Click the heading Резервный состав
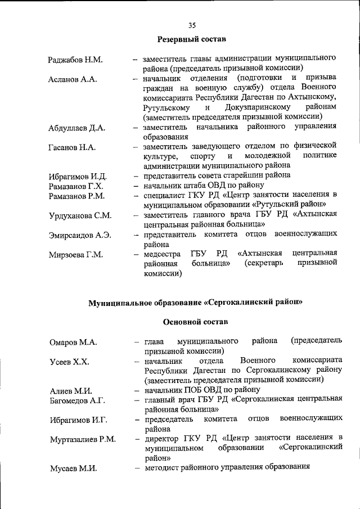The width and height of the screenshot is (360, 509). click(x=191, y=39)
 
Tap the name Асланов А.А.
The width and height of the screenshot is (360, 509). click(x=73, y=79)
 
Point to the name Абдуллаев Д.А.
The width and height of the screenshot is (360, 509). click(x=77, y=128)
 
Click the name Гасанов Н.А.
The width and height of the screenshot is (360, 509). click(x=72, y=147)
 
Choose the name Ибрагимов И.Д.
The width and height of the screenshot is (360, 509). click(x=77, y=177)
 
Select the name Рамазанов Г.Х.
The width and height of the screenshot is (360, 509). click(x=76, y=186)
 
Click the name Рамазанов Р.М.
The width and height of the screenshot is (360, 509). click(x=77, y=196)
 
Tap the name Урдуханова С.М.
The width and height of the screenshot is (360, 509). click(x=80, y=215)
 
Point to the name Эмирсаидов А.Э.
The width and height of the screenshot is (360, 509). click(x=79, y=235)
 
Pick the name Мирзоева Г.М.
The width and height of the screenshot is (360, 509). click(x=75, y=255)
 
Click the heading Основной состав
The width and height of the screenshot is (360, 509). click(x=191, y=322)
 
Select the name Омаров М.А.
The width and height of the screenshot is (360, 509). click(x=73, y=343)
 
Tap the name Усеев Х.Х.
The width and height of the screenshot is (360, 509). click(x=69, y=362)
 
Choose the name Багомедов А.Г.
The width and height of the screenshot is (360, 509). click(x=77, y=400)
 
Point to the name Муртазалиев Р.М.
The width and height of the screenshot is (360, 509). click(x=82, y=439)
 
